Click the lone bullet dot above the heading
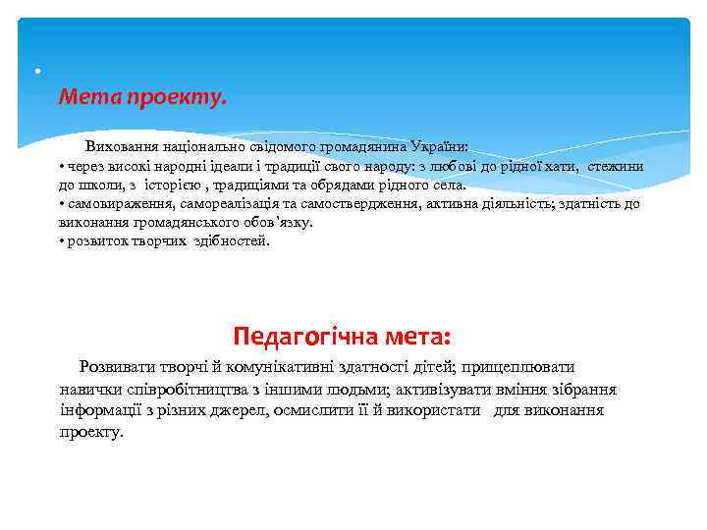click(x=36, y=73)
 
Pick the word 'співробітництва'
click(x=182, y=389)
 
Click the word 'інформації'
click(x=103, y=410)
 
